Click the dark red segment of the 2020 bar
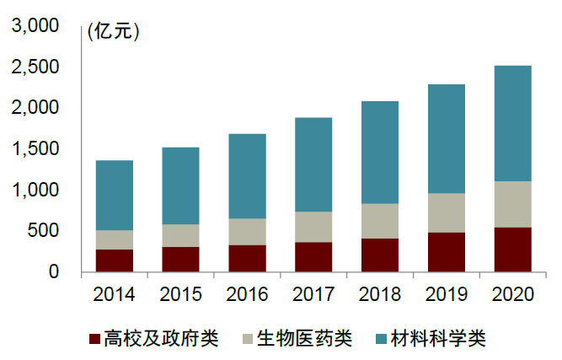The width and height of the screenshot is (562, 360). click(x=512, y=250)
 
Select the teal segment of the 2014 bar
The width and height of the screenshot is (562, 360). click(x=115, y=196)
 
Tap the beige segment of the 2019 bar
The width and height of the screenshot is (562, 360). click(x=446, y=212)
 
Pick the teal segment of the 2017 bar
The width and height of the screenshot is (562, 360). click(x=313, y=164)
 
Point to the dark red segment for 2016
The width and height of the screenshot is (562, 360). click(x=247, y=258)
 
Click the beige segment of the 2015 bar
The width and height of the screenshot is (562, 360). click(x=180, y=235)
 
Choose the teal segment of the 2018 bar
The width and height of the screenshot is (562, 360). click(x=380, y=153)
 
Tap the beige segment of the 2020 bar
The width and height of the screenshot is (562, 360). click(x=512, y=204)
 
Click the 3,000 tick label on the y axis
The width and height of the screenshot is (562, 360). click(x=35, y=27)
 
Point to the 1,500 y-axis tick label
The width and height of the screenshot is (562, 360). click(x=35, y=149)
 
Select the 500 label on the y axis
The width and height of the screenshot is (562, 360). click(x=42, y=231)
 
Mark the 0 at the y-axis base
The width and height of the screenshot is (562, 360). click(x=52, y=271)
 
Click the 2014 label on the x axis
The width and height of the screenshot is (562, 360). click(x=115, y=294)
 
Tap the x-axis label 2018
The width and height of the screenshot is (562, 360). click(x=380, y=294)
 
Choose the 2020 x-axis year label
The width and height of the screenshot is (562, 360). click(x=512, y=294)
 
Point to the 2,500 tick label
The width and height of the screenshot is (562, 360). click(x=35, y=67)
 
